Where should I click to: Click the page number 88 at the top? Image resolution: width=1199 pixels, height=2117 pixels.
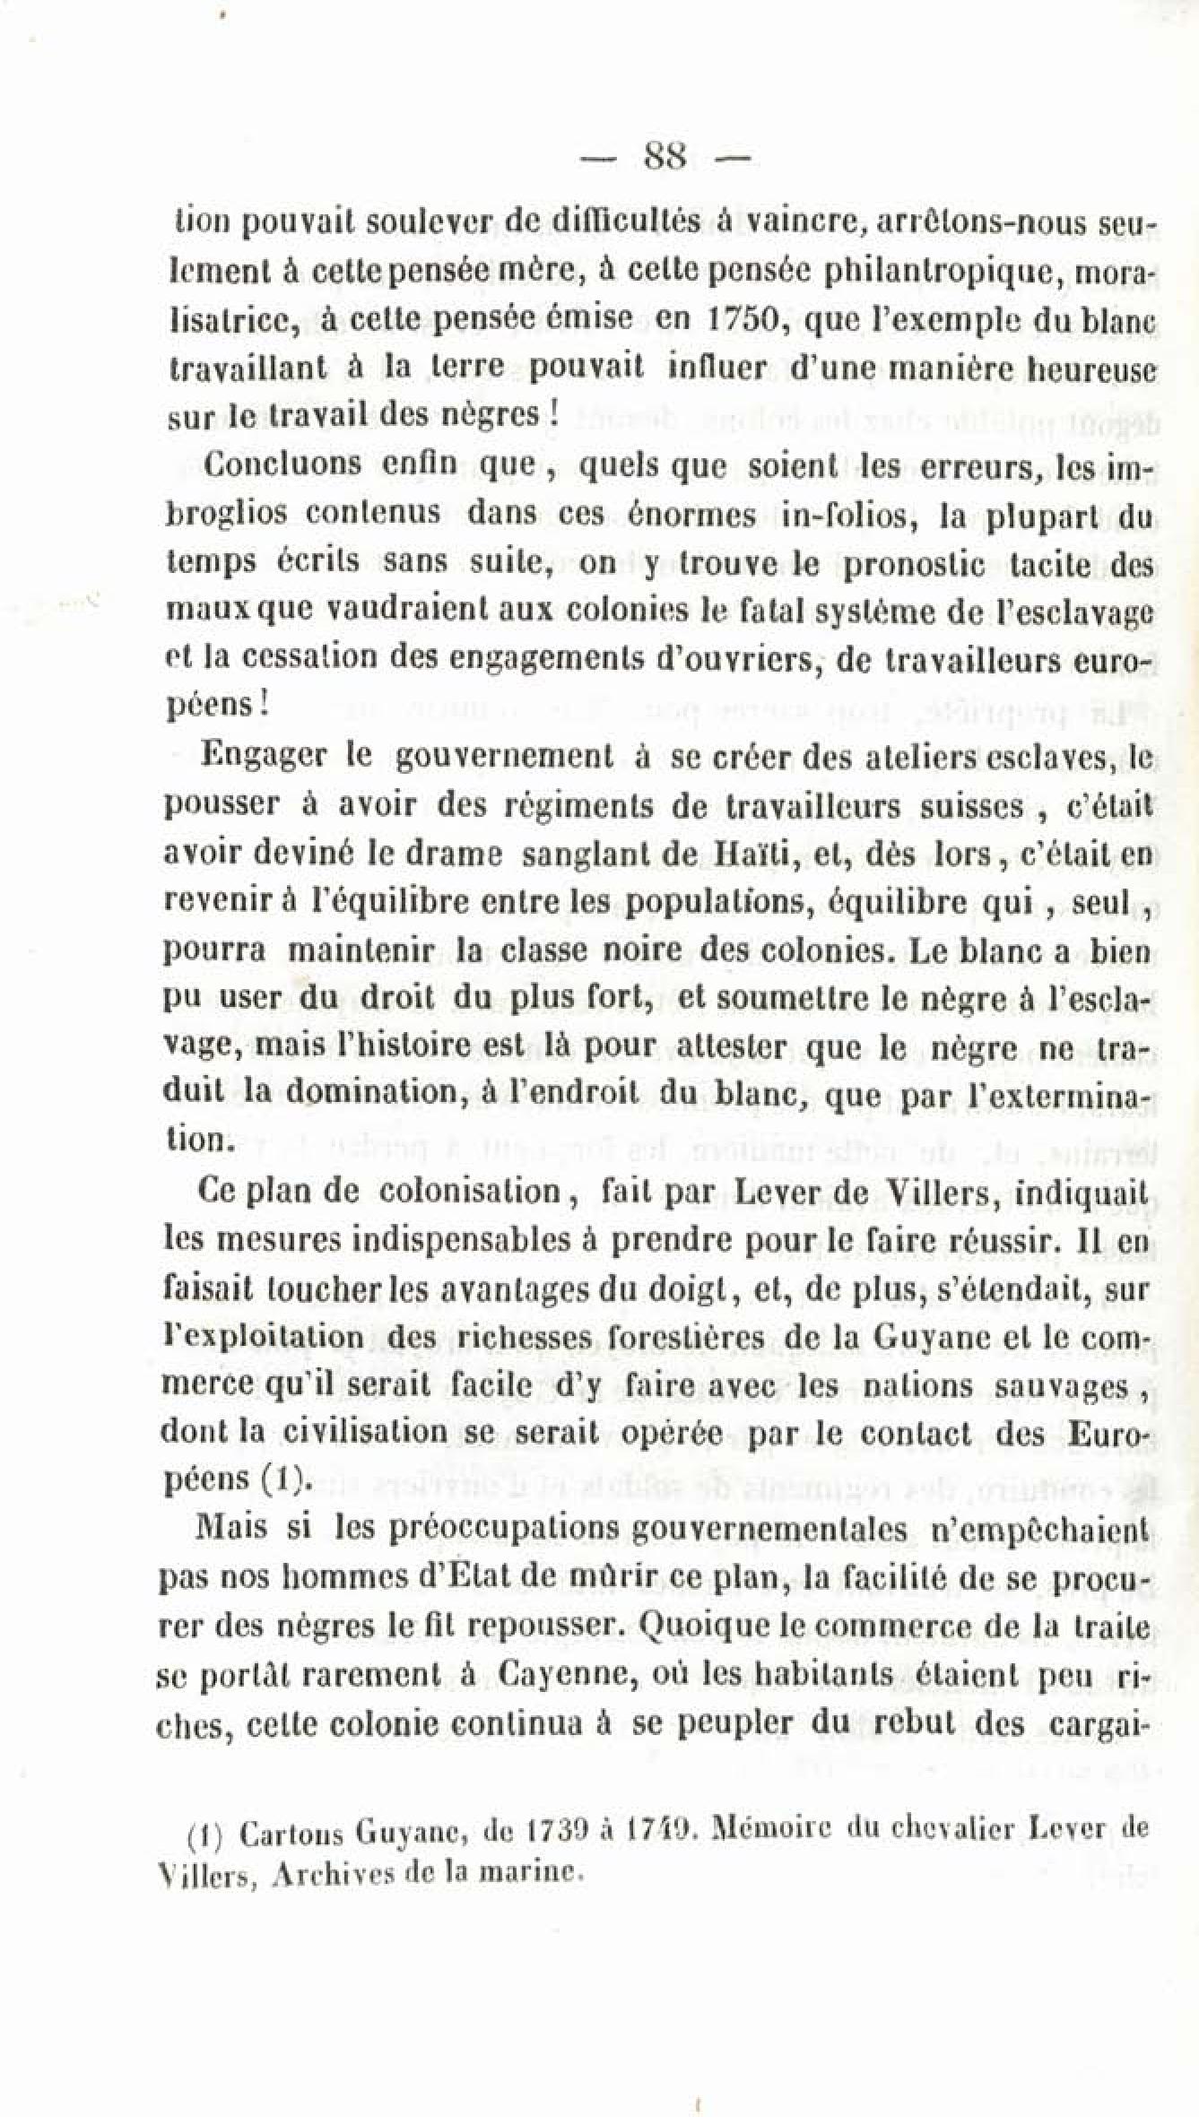(x=665, y=160)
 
